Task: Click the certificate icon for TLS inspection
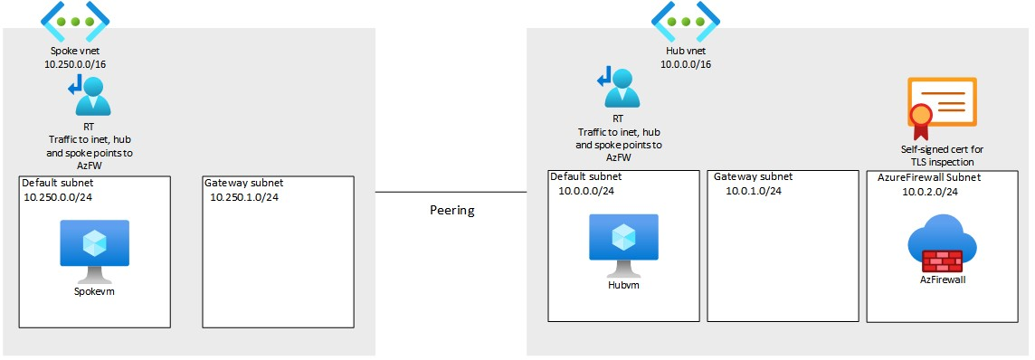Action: click(940, 104)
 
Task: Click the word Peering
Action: click(451, 210)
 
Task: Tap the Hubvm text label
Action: click(623, 285)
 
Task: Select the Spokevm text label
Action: click(95, 291)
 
